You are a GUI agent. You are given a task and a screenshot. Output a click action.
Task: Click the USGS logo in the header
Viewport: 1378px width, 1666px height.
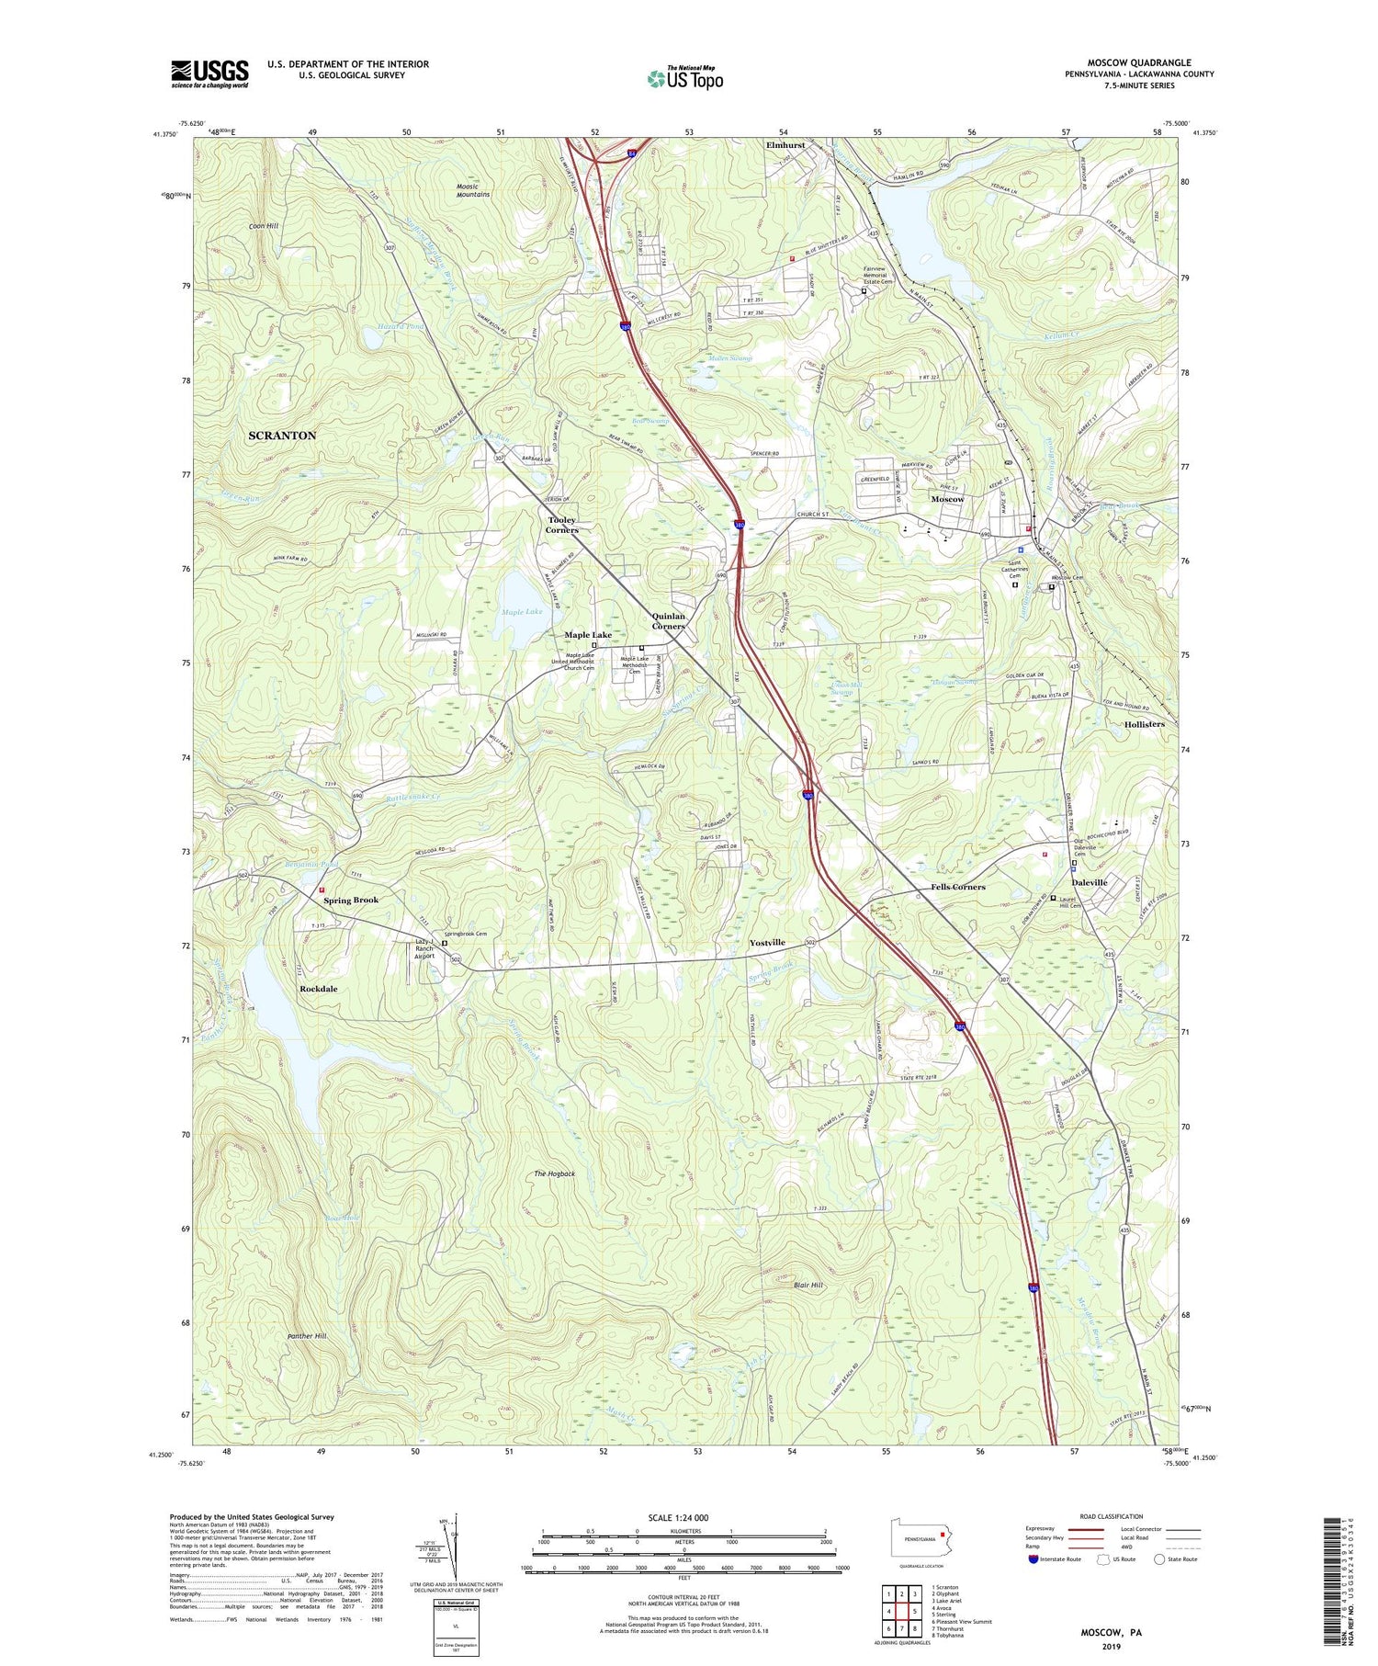pyautogui.click(x=209, y=74)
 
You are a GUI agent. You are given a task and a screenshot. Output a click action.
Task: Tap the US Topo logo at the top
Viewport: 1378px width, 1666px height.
pyautogui.click(x=684, y=79)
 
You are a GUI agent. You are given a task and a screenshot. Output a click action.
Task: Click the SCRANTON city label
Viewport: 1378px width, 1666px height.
pyautogui.click(x=282, y=436)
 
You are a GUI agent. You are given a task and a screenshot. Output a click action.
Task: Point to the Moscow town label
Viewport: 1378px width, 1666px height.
pyautogui.click(x=947, y=499)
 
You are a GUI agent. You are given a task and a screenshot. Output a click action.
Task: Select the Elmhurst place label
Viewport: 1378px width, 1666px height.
pyautogui.click(x=785, y=145)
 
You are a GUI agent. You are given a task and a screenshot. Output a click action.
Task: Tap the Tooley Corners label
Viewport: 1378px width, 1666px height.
pyautogui.click(x=562, y=525)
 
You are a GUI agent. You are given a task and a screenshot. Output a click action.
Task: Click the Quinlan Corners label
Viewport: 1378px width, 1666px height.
pyautogui.click(x=668, y=621)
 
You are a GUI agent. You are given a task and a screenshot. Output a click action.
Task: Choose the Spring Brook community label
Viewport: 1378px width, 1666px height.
pyautogui.click(x=350, y=901)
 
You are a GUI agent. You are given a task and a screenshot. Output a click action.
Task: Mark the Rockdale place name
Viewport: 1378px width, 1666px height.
pyautogui.click(x=319, y=989)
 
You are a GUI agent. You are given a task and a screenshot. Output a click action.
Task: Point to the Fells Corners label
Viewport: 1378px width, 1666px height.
pyautogui.click(x=951, y=887)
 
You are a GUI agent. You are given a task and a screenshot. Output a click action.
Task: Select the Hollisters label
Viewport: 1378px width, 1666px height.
pyautogui.click(x=1144, y=724)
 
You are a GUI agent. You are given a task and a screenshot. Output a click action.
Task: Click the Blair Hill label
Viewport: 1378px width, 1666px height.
pyautogui.click(x=808, y=1285)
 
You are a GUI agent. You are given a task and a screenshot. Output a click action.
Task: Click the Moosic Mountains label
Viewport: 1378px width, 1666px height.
pyautogui.click(x=473, y=190)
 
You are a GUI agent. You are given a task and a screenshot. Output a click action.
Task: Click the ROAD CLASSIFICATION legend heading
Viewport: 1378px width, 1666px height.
pyautogui.click(x=1110, y=1516)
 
